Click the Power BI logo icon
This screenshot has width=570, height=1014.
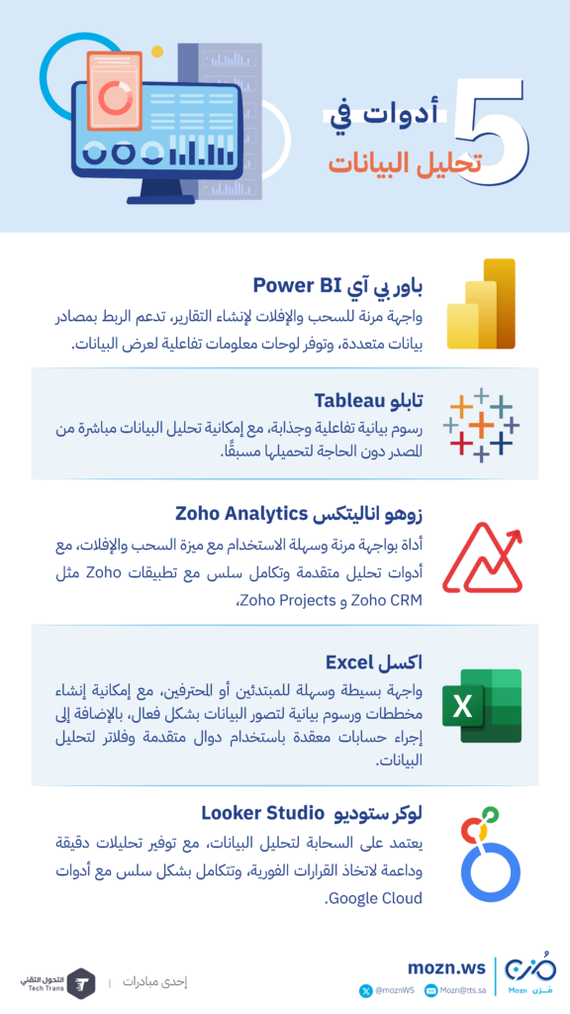[481, 304]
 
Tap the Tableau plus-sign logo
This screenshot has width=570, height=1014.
[482, 424]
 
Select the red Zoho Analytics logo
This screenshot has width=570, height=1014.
[482, 558]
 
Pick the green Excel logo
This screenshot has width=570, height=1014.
[482, 705]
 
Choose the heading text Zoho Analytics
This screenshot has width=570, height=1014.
[240, 514]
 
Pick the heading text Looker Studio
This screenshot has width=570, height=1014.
[261, 813]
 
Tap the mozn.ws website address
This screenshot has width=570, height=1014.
[446, 967]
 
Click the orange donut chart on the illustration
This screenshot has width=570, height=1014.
[115, 98]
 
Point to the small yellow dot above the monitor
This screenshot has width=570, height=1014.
[157, 51]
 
